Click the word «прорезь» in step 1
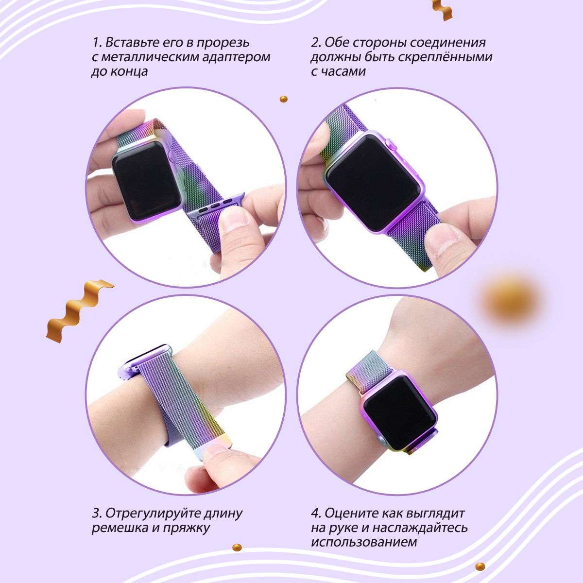pos(223,43)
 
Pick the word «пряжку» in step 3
pos(187,528)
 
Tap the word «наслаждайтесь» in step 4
pos(420,528)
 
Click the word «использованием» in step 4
pos(364,542)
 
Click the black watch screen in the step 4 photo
pos(399,408)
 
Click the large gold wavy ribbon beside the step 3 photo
pos(80,311)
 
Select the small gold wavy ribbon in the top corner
pos(442,10)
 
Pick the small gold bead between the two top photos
pos(283,99)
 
